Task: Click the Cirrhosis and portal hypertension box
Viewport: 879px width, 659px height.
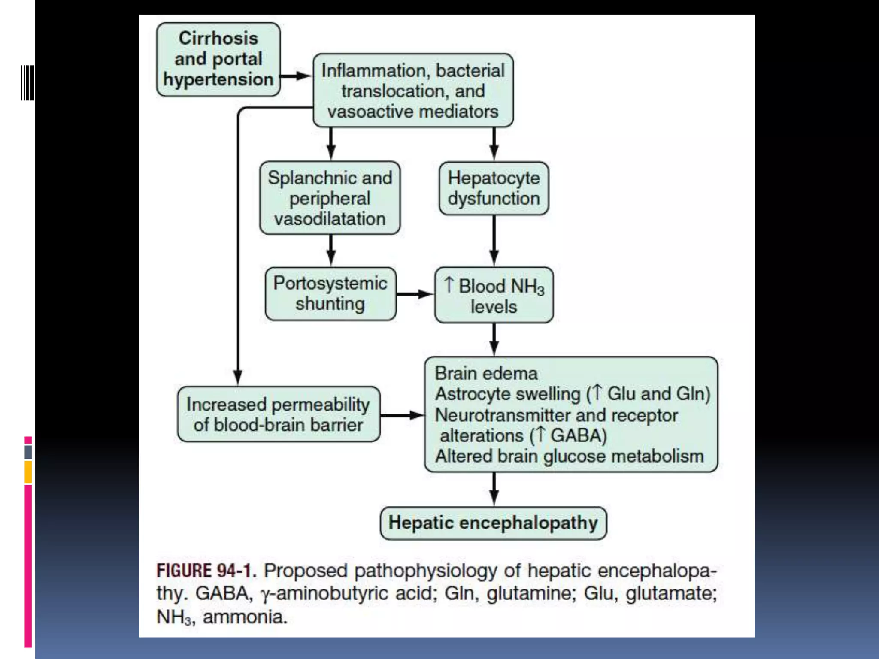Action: tap(218, 59)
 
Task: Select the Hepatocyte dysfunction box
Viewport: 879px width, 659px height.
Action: tap(494, 188)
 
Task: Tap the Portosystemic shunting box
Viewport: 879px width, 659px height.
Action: tap(330, 294)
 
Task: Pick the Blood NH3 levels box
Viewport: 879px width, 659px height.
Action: tap(494, 295)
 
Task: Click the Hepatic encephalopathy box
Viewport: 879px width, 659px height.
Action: tap(493, 523)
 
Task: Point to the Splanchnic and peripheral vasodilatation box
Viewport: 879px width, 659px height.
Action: tap(330, 198)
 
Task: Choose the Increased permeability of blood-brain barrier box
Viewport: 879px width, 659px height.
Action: tap(279, 414)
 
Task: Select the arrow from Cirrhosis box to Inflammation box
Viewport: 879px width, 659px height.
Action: tap(296, 76)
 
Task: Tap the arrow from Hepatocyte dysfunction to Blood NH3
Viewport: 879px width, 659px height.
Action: tap(494, 240)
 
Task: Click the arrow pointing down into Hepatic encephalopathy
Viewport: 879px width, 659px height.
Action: tap(494, 489)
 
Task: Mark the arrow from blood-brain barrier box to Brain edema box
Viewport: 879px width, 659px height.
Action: tap(402, 415)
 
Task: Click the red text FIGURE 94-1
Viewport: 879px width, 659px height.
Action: tap(206, 571)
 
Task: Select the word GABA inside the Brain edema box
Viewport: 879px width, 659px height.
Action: tap(578, 435)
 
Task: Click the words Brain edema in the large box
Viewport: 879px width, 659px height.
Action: tap(486, 373)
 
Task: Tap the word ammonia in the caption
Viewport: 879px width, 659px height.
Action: tap(245, 617)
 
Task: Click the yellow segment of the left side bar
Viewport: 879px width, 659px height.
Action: tap(28, 472)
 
